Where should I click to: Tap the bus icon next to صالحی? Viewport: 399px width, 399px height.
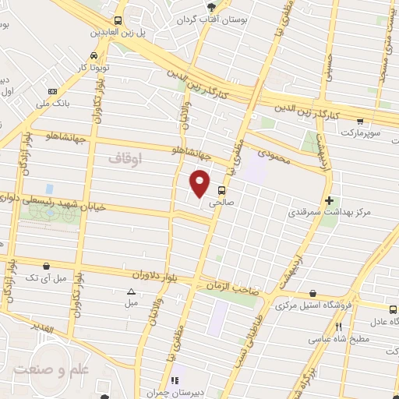[x=223, y=189]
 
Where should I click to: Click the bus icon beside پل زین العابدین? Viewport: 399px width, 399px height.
[x=118, y=21]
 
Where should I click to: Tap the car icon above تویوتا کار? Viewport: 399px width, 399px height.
[x=94, y=56]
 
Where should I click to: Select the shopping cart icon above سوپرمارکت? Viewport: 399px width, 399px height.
[x=359, y=122]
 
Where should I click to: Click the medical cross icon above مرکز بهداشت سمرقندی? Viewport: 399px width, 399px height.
[x=330, y=199]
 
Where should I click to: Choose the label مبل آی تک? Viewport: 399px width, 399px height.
[x=44, y=277]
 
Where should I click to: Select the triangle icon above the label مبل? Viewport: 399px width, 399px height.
[x=130, y=291]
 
